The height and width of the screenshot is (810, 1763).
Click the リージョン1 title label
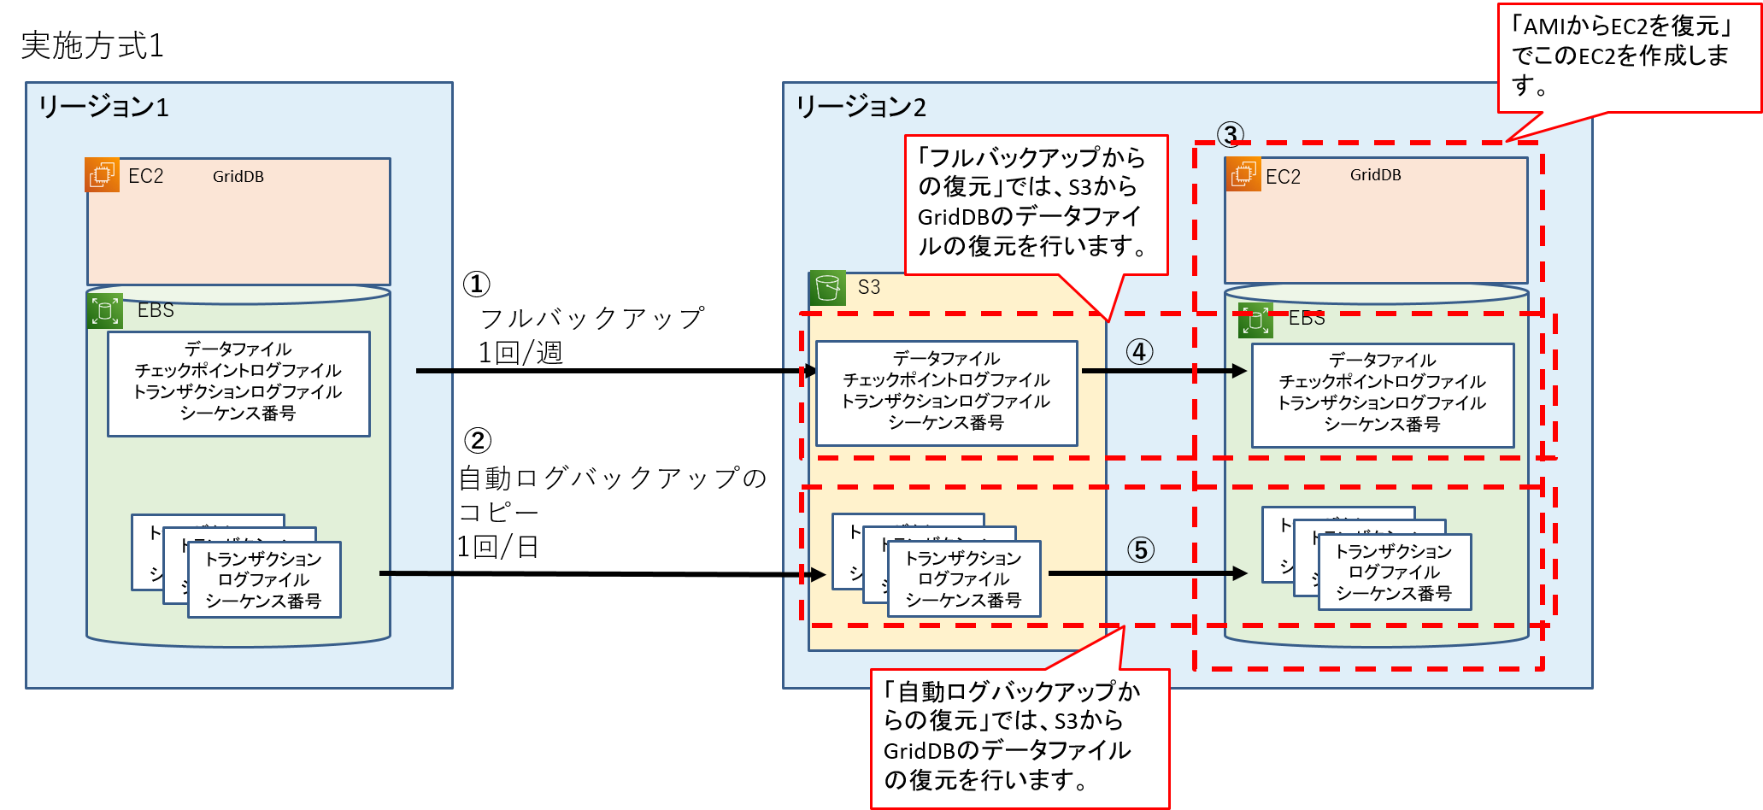coord(103,107)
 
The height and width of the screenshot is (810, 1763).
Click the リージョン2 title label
coord(861,107)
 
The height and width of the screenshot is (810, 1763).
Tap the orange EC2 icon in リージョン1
coord(103,175)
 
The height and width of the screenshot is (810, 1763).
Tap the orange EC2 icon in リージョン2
coord(1243,174)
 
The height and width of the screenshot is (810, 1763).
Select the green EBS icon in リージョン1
coord(105,311)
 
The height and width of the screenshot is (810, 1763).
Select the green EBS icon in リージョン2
coord(1255,320)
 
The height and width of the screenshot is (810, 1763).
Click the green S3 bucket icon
coord(827,288)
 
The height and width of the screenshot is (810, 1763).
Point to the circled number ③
coord(1230,134)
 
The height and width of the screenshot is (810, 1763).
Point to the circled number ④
coord(1139,351)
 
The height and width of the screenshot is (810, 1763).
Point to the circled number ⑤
coord(1140,549)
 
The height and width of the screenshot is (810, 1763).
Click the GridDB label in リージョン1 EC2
coord(238,177)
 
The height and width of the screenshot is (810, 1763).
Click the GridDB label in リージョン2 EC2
coord(1375,175)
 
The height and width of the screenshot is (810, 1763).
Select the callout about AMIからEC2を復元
coord(1628,56)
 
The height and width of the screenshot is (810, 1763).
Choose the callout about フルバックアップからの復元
coord(1035,202)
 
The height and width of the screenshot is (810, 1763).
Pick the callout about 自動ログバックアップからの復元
coord(1019,737)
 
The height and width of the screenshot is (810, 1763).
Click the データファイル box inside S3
coord(946,392)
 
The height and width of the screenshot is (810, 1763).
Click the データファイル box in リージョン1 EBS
coord(238,383)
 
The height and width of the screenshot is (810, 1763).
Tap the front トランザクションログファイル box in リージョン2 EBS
coord(1394,572)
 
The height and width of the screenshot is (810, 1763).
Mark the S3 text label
coord(868,288)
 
